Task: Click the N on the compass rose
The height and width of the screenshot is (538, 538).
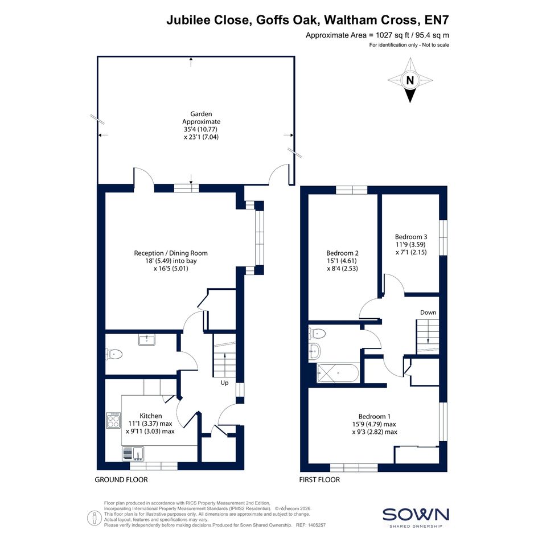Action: click(x=410, y=80)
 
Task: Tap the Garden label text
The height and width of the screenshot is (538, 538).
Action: click(x=201, y=113)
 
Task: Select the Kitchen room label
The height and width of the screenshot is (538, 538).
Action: click(x=151, y=416)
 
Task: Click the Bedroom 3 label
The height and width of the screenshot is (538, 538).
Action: click(x=411, y=237)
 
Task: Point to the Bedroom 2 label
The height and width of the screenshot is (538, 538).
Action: click(x=342, y=253)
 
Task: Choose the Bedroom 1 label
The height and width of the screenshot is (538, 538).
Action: click(x=375, y=417)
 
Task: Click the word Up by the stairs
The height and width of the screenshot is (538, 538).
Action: click(x=224, y=383)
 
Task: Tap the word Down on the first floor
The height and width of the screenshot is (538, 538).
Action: click(x=428, y=313)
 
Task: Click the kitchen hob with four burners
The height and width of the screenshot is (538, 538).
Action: click(x=113, y=420)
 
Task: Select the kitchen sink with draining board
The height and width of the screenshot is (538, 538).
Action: click(x=133, y=454)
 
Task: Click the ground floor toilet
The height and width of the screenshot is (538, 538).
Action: click(x=114, y=354)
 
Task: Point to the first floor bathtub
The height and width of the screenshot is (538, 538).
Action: click(x=338, y=373)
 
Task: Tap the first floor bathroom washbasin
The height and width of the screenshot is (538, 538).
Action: click(x=315, y=351)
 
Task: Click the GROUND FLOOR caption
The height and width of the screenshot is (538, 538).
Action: click(x=121, y=480)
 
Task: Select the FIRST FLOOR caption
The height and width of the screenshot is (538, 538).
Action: click(x=319, y=480)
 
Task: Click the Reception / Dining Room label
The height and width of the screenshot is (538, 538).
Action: click(x=171, y=253)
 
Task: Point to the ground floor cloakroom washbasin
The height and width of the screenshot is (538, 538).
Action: click(x=146, y=340)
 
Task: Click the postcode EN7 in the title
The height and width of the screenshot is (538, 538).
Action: click(x=437, y=20)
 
